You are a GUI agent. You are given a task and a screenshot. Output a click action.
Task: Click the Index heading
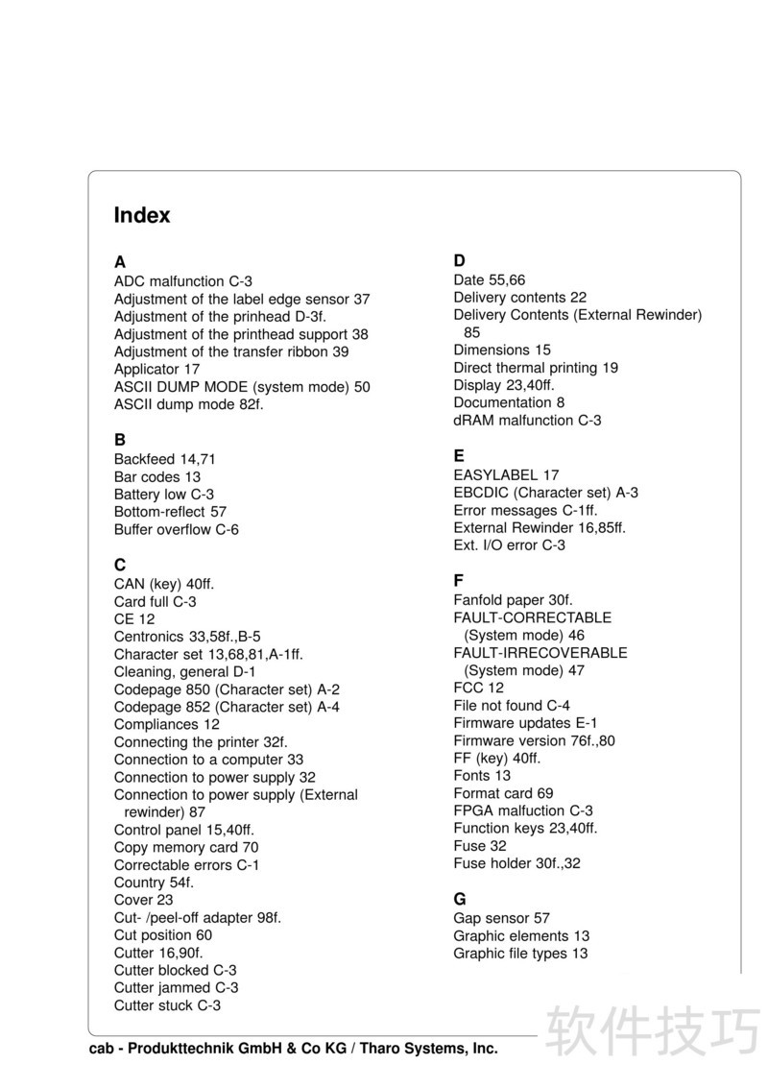142,215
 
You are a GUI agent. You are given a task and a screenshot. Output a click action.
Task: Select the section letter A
120,261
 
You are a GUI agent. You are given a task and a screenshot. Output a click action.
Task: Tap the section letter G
460,899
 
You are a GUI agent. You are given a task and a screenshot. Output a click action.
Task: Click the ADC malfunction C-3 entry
182,281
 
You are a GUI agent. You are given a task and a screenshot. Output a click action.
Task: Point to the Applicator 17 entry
156,369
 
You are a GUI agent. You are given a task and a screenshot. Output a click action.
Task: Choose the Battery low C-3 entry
163,495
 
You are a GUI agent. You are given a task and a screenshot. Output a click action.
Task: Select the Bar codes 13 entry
156,476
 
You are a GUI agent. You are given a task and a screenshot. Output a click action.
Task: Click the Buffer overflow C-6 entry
176,529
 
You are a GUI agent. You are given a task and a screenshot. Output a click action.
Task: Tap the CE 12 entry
133,619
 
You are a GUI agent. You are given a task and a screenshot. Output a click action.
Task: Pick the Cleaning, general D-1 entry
184,672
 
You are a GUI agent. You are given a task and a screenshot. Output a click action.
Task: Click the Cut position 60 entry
162,934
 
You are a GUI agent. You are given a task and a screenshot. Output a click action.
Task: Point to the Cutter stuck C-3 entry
167,1005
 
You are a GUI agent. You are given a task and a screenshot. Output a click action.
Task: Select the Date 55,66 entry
489,279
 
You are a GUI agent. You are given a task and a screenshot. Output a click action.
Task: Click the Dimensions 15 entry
502,350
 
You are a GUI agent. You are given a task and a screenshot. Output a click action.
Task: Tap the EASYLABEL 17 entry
506,474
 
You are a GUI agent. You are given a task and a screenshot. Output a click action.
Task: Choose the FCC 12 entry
478,688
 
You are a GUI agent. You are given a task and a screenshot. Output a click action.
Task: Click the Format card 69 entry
503,792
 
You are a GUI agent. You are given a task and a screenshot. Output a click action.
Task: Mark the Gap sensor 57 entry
501,918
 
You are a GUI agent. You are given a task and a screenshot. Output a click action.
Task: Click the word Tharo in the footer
387,1049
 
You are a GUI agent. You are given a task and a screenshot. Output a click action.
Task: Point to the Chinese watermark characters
653,1030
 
